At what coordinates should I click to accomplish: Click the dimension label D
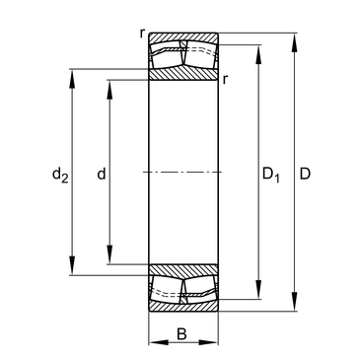coord(305,174)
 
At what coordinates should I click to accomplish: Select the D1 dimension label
coord(271,175)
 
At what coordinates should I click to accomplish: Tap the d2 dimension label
coord(60,175)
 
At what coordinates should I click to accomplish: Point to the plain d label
coord(102,174)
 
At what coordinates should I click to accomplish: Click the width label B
coord(181,334)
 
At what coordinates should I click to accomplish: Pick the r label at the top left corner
coord(142,33)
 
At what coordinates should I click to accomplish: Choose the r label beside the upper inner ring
coord(225,79)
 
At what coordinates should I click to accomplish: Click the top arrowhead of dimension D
coord(295,42)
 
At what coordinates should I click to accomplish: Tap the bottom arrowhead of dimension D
coord(295,302)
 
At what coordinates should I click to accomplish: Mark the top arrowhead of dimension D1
coord(259,54)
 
